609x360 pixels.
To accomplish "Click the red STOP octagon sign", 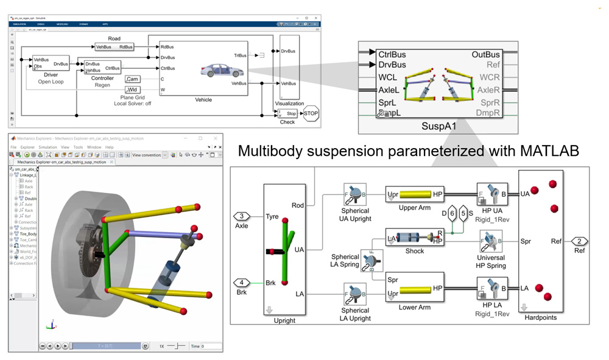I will pyautogui.click(x=311, y=113).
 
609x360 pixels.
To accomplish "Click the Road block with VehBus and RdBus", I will pyautogui.click(x=114, y=47).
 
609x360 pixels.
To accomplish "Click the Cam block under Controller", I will pyautogui.click(x=133, y=79).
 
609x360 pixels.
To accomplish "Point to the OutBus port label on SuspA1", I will pyautogui.click(x=485, y=55).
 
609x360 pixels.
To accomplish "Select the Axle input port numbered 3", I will pyautogui.click(x=242, y=216).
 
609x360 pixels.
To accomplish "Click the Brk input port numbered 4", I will pyautogui.click(x=242, y=282).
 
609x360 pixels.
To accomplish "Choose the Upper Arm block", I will pyautogui.click(x=415, y=194).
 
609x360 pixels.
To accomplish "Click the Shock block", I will pyautogui.click(x=415, y=238).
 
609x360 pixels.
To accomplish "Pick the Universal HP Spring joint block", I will pyautogui.click(x=491, y=241).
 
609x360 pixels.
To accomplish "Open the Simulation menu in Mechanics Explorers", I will pyautogui.click(x=48, y=147).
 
